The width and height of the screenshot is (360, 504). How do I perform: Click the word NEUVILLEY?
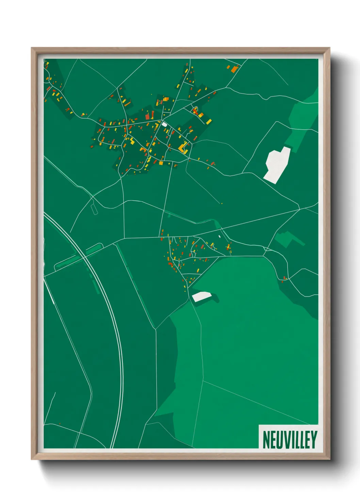click(x=290, y=440)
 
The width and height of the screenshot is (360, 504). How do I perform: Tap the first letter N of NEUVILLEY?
click(x=266, y=440)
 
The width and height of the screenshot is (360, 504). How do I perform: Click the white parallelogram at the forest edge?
click(x=202, y=296)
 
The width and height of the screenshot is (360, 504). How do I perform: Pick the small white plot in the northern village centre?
click(x=164, y=124)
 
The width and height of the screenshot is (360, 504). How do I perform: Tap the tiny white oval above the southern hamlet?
click(x=219, y=236)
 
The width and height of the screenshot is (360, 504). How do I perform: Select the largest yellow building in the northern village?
click(x=183, y=147)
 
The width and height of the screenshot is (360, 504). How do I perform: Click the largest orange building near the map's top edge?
click(x=234, y=69)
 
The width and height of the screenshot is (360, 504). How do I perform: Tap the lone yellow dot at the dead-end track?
click(x=222, y=203)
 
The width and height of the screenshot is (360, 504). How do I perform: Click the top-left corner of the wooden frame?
click(x=32, y=48)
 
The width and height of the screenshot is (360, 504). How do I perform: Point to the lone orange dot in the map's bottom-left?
click(x=60, y=424)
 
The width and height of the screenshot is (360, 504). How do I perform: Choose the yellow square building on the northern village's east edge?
click(x=208, y=121)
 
